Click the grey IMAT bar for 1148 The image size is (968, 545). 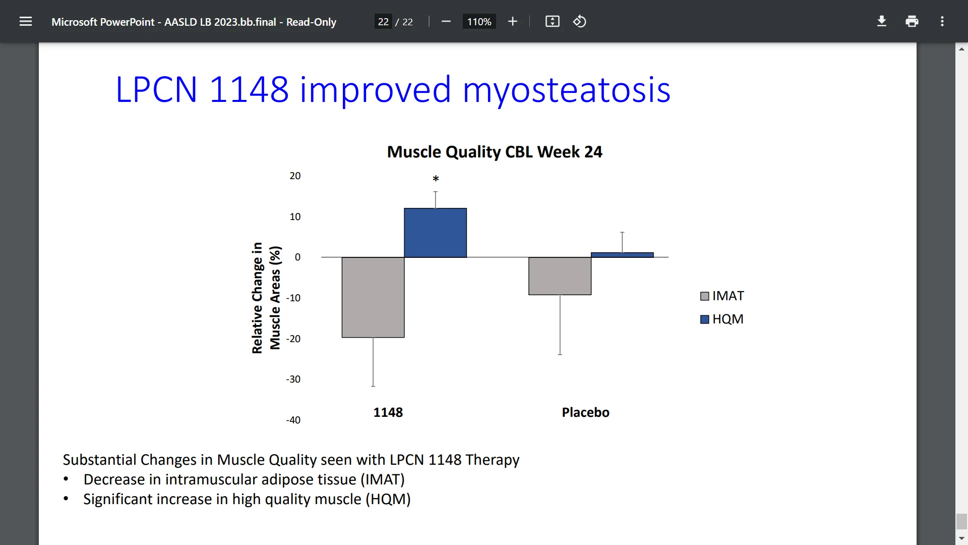[x=373, y=297]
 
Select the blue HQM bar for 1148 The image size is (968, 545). [x=435, y=233]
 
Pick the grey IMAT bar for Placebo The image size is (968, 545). [x=560, y=276]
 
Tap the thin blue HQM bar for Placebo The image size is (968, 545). [x=622, y=255]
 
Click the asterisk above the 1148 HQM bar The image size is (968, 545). [x=436, y=179]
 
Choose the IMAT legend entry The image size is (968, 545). [x=722, y=296]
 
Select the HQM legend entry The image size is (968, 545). [x=722, y=319]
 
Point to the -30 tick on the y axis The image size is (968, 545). [x=293, y=379]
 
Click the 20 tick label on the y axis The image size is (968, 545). [x=295, y=176]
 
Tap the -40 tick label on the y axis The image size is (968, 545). [x=293, y=420]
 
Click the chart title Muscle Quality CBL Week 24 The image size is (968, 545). [x=494, y=152]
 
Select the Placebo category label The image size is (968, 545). [x=585, y=413]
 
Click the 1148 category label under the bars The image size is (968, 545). [x=388, y=413]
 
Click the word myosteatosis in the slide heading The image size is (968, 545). [x=566, y=90]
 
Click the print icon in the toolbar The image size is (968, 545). [x=912, y=22]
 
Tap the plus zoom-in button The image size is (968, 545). [x=513, y=22]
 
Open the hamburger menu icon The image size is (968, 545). [x=26, y=22]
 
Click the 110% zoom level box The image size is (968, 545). [x=479, y=22]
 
